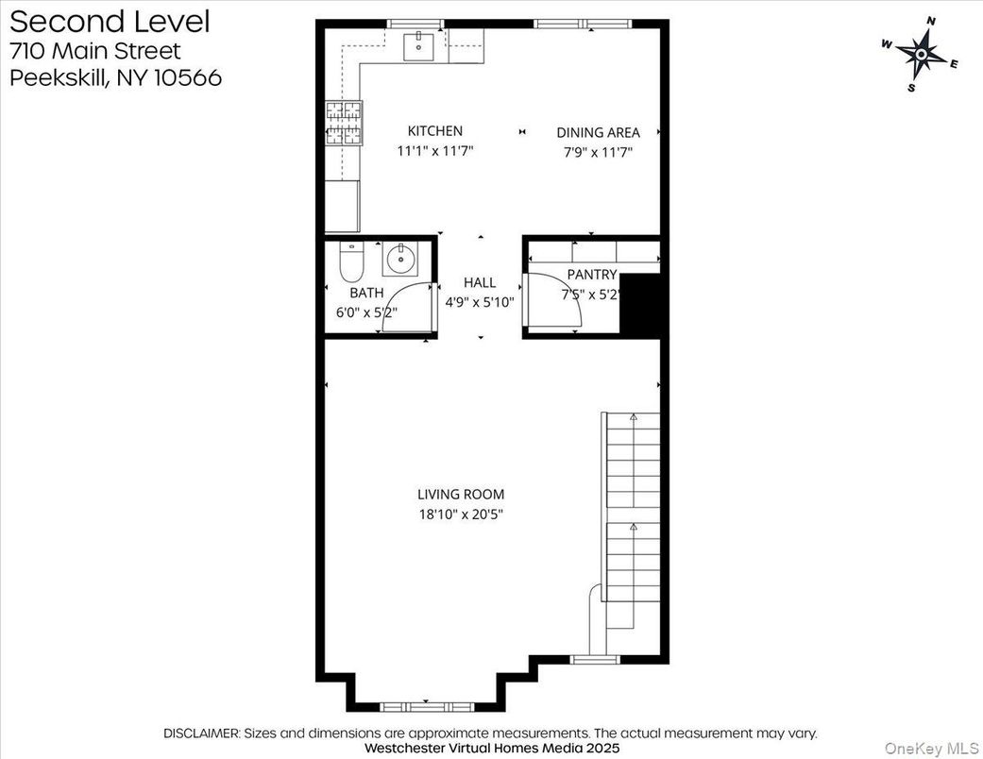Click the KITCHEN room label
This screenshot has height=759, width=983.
[x=435, y=131]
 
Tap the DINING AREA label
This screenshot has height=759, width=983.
[x=598, y=133]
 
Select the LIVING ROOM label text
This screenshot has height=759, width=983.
[x=461, y=494]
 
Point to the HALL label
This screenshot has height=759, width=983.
[x=480, y=282]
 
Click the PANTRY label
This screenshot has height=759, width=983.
[x=592, y=275]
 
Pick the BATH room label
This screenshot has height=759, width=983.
[x=366, y=294]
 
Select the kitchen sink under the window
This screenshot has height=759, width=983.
[x=418, y=44]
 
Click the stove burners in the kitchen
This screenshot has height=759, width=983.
[x=345, y=123]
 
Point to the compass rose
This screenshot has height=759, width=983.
[x=920, y=54]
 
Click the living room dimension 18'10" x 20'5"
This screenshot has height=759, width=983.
[x=461, y=514]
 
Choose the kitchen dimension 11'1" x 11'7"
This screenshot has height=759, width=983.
[x=435, y=149]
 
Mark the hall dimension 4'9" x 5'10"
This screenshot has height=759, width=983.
[x=480, y=303]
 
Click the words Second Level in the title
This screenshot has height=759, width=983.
[x=110, y=21]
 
